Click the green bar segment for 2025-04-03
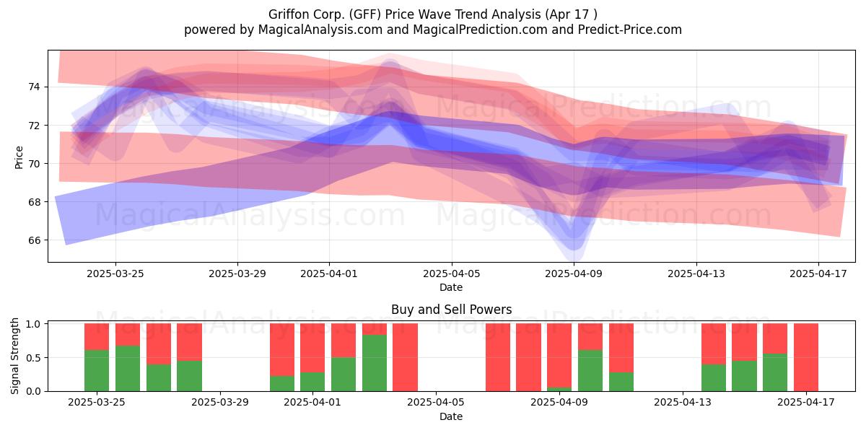coord(375,363)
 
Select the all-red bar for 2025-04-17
coord(806,357)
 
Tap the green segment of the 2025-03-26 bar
coord(128,369)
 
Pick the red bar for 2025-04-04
coord(405,357)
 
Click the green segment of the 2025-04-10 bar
coord(590,371)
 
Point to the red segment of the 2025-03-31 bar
coord(282,350)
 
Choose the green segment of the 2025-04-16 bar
coord(775,372)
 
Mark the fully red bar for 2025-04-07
coord(498,357)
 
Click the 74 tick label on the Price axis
coord(34,87)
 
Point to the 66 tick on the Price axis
coord(34,240)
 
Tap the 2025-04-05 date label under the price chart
coord(452,274)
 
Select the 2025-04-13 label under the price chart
coord(696,274)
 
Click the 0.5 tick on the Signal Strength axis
coord(34,358)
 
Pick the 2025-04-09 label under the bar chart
coord(559,403)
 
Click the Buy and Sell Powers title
coord(452,310)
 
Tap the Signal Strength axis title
coord(14,356)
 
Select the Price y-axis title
coord(19,158)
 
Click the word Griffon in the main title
coord(287,14)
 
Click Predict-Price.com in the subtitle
coord(630,30)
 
